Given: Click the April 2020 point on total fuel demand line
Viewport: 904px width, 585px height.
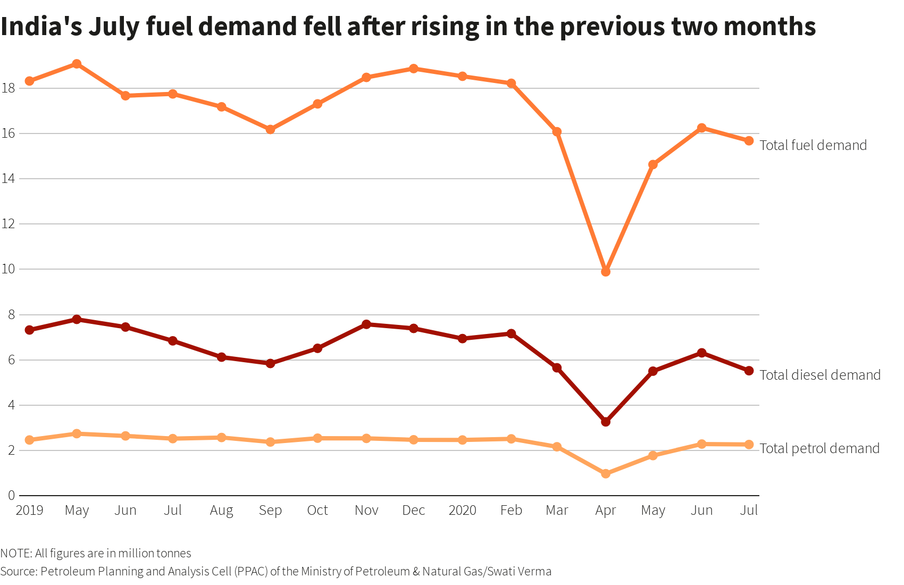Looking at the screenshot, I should pyautogui.click(x=605, y=272).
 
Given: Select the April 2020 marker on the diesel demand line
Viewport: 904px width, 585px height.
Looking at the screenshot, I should pyautogui.click(x=605, y=422).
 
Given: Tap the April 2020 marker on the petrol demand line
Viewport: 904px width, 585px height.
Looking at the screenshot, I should pyautogui.click(x=605, y=473).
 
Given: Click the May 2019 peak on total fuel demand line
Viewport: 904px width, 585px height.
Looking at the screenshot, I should pyautogui.click(x=77, y=64).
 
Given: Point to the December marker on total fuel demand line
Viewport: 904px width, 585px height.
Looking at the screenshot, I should pyautogui.click(x=413, y=69).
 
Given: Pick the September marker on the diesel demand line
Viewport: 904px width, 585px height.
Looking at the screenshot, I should pyautogui.click(x=270, y=363).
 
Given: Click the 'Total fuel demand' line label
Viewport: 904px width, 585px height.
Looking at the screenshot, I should pyautogui.click(x=813, y=145).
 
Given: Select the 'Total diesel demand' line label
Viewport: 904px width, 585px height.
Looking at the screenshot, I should pyautogui.click(x=820, y=375).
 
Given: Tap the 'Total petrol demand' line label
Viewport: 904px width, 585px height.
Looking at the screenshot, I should pyautogui.click(x=819, y=448).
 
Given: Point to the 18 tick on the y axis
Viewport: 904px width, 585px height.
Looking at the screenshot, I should pyautogui.click(x=8, y=88).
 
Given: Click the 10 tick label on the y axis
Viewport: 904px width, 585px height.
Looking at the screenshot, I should pyautogui.click(x=8, y=269).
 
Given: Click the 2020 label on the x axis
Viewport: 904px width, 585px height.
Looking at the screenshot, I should pyautogui.click(x=462, y=511).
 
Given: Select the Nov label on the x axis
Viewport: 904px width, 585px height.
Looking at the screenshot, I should pyautogui.click(x=366, y=511).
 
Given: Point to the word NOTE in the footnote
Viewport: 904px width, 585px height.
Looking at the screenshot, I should pyautogui.click(x=15, y=554).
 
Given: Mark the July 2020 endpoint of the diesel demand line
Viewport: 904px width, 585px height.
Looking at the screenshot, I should pyautogui.click(x=749, y=371).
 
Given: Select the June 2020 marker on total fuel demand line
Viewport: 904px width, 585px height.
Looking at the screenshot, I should pyautogui.click(x=701, y=128).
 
